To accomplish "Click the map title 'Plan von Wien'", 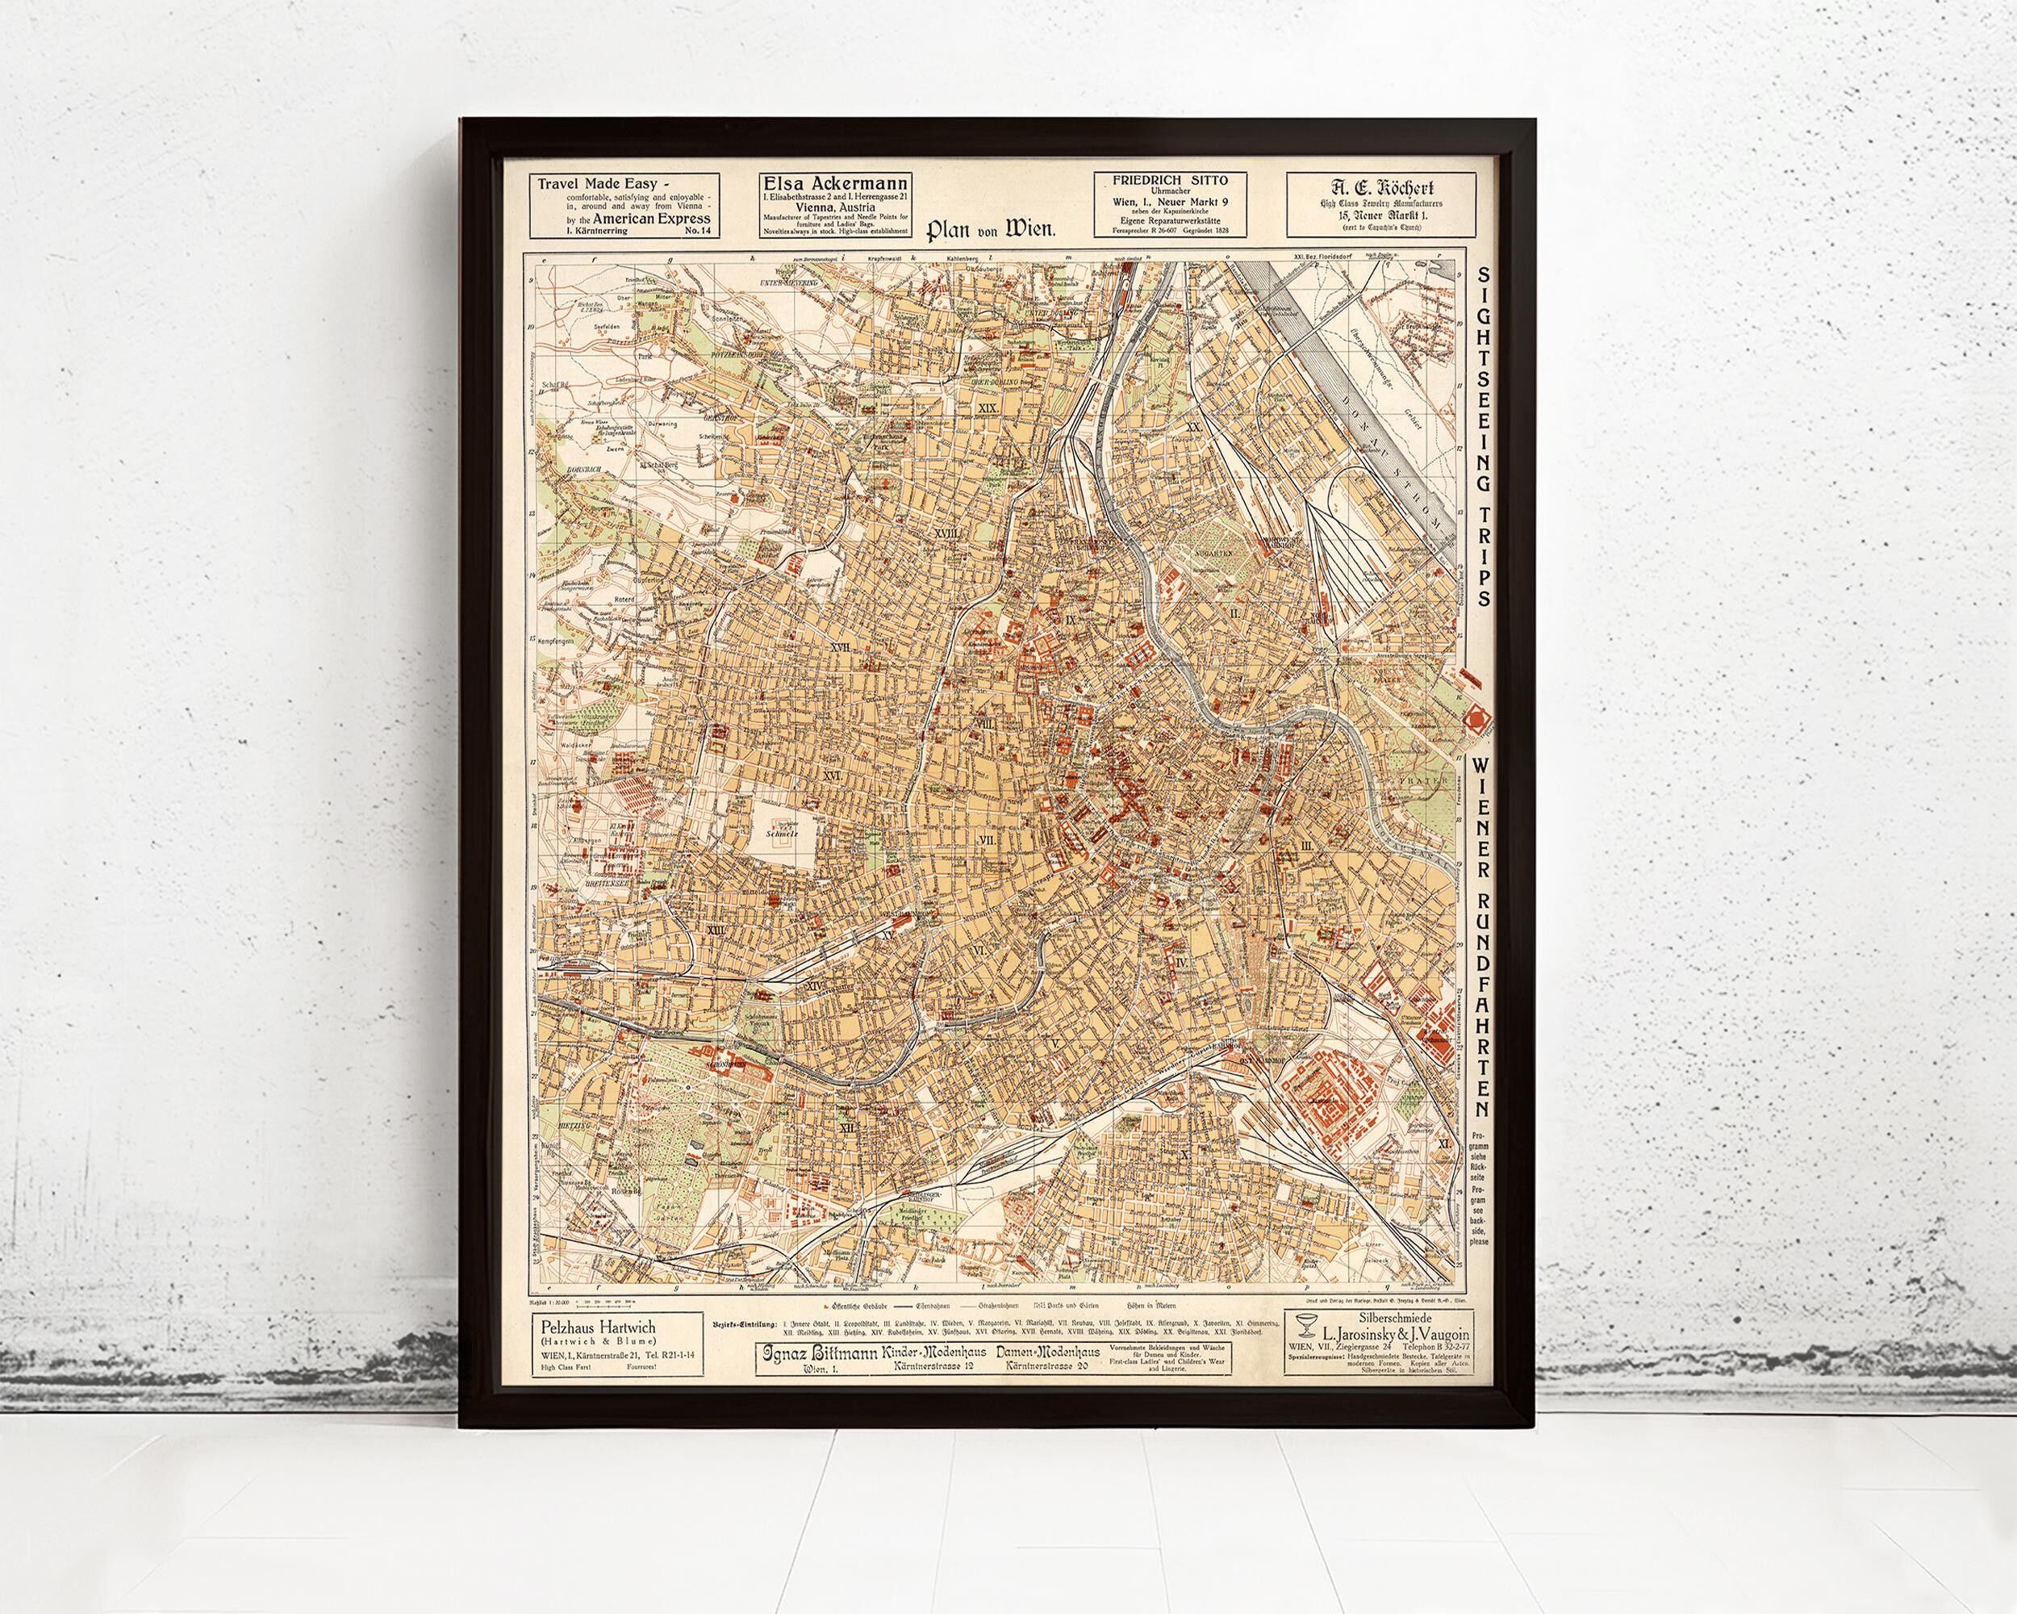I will [991, 230].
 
